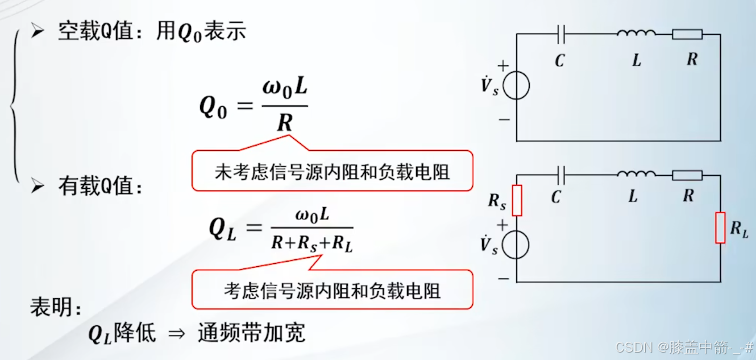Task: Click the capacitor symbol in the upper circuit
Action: click(x=561, y=35)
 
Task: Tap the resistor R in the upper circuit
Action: click(x=687, y=35)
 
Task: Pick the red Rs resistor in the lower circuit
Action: click(x=517, y=201)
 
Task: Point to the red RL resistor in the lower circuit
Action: click(x=720, y=227)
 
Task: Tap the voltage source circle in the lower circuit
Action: click(x=517, y=245)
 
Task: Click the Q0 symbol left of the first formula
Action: click(x=213, y=107)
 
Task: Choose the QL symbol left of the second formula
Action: click(x=222, y=229)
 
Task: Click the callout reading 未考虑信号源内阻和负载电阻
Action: click(x=332, y=171)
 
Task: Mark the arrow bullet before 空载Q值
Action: click(x=38, y=32)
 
